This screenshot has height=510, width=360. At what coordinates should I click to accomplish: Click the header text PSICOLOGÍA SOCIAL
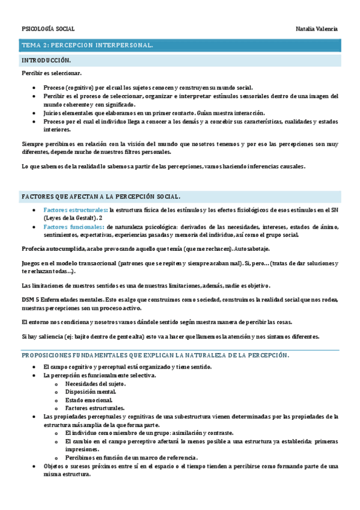click(x=48, y=29)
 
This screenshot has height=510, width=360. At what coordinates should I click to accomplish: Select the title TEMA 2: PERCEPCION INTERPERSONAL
click(x=87, y=45)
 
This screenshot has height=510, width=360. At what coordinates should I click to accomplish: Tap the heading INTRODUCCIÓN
click(x=46, y=61)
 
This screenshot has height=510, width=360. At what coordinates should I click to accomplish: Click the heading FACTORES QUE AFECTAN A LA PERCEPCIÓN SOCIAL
click(x=100, y=197)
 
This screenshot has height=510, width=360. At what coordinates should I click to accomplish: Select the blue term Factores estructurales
click(x=71, y=209)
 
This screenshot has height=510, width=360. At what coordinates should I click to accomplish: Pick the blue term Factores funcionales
click(x=69, y=227)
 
